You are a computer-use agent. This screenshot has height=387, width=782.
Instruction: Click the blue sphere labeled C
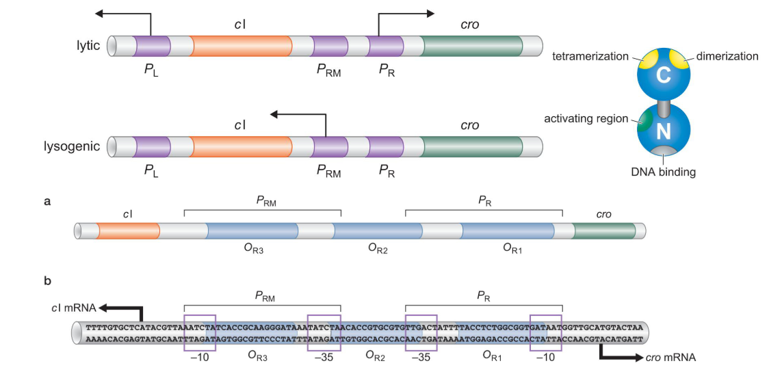click(663, 75)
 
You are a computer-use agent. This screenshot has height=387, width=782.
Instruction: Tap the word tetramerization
click(590, 57)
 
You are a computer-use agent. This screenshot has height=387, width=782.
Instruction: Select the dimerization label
click(727, 57)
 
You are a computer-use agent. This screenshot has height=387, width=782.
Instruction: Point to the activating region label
click(586, 119)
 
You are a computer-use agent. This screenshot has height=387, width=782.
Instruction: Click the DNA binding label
click(663, 172)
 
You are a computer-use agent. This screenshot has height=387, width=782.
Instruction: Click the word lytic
click(88, 45)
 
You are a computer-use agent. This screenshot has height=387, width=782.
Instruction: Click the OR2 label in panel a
click(377, 250)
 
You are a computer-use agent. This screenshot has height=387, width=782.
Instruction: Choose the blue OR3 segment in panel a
click(251, 231)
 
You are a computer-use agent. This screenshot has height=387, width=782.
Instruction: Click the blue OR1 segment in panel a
click(507, 231)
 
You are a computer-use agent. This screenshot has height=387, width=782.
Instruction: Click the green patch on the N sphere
click(643, 121)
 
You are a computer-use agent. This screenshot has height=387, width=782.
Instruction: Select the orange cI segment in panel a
click(128, 231)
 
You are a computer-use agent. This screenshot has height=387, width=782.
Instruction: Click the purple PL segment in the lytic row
click(152, 46)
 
